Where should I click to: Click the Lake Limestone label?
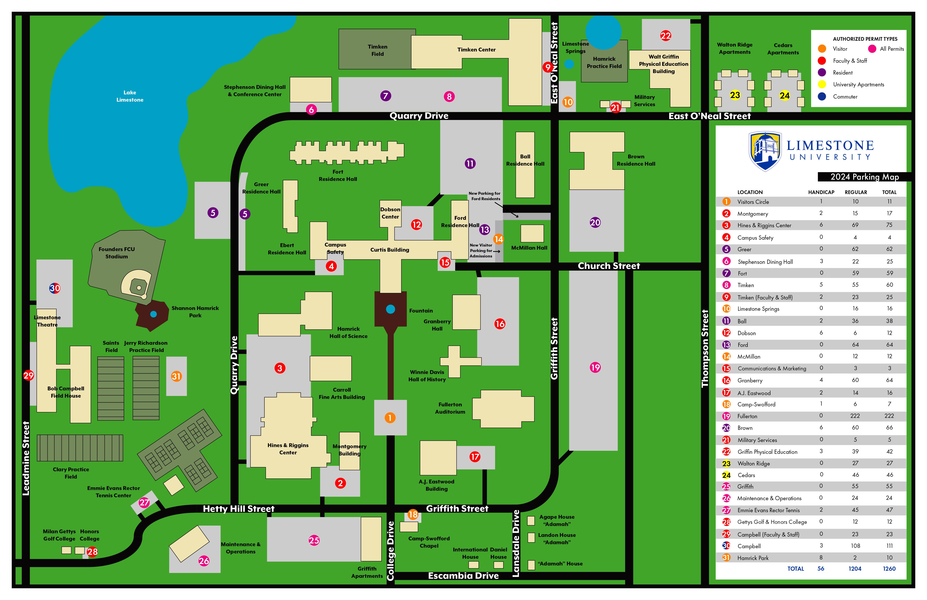[130, 96]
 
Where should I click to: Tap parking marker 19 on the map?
[595, 367]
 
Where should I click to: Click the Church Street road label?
[609, 266]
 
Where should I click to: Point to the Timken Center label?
[476, 49]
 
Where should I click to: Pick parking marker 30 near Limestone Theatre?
[55, 288]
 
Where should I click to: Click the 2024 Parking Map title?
[865, 177]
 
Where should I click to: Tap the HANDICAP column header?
[821, 192]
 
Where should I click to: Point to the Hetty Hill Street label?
[239, 509]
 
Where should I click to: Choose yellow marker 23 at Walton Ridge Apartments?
[735, 95]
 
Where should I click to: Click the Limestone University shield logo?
[765, 151]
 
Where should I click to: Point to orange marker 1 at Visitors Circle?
[390, 418]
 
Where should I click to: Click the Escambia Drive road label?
[463, 576]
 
